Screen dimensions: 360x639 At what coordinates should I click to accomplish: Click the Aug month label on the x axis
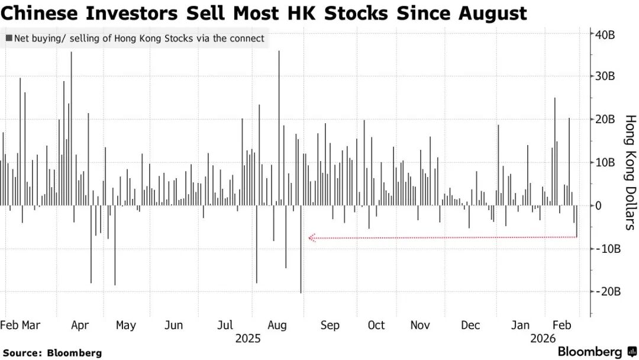pyautogui.click(x=277, y=325)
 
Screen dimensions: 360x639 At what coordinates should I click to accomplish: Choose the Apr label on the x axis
pyautogui.click(x=79, y=325)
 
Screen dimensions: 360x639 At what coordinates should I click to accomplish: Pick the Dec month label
pyautogui.click(x=470, y=325)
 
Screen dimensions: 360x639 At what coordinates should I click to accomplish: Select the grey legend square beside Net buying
pyautogui.click(x=9, y=39)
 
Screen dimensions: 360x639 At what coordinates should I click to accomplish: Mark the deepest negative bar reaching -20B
pyautogui.click(x=301, y=249)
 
